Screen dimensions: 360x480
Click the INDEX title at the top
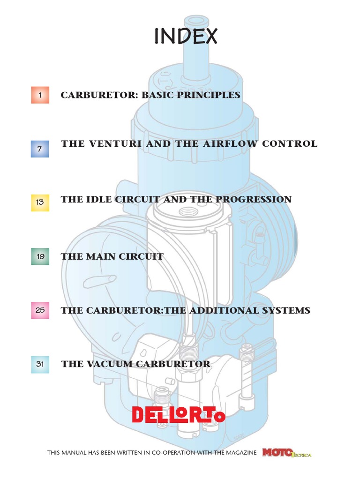[x=186, y=37]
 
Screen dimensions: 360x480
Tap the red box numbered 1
[x=40, y=95]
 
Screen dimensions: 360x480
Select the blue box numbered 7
[x=40, y=149]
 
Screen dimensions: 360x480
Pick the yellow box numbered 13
[x=40, y=202]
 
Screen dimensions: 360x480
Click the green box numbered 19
[x=40, y=256]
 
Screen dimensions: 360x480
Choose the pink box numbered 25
[x=40, y=310]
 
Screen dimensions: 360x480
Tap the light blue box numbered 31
[x=40, y=364]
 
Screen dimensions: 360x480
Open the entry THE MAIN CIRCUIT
[x=112, y=256]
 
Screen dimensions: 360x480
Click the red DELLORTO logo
[x=178, y=414]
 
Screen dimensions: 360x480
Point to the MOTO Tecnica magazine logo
[x=287, y=453]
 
